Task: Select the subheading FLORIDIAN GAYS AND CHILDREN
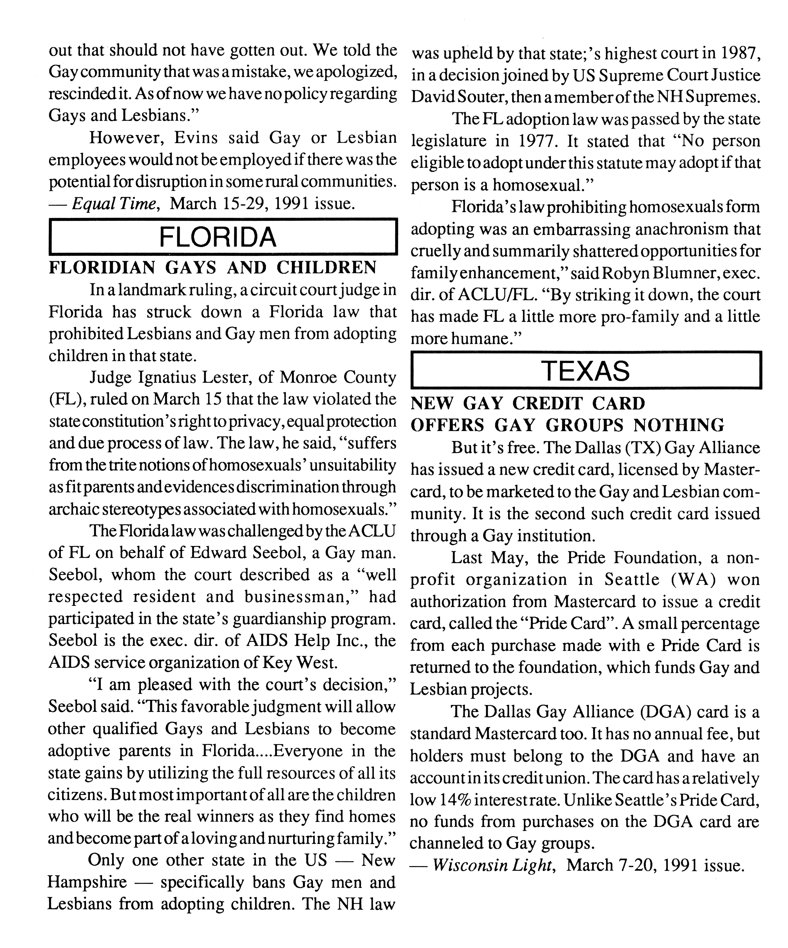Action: [x=212, y=268]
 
